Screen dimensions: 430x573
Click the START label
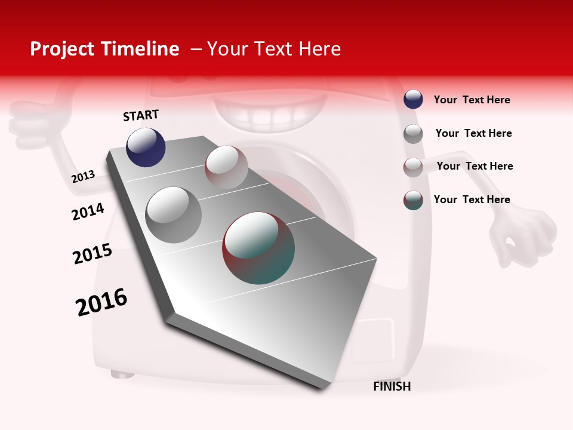[x=141, y=115]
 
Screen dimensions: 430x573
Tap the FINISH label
[x=392, y=386]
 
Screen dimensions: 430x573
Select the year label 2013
[x=83, y=177]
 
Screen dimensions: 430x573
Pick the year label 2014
[x=88, y=211]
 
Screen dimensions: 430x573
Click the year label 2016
[x=101, y=302]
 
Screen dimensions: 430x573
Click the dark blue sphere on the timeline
[x=146, y=147]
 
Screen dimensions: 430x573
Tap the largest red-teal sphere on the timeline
[x=258, y=247]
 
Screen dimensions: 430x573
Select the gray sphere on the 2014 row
[x=174, y=214]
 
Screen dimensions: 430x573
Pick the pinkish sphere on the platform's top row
[x=226, y=167]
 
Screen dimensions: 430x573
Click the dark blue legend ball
[x=413, y=99]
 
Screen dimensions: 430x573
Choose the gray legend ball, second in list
[x=413, y=133]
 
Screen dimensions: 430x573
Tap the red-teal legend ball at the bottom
[x=413, y=200]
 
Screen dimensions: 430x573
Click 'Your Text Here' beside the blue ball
[x=472, y=100]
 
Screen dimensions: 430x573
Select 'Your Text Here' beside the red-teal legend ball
[x=472, y=199]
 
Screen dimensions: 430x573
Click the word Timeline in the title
[x=140, y=49]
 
